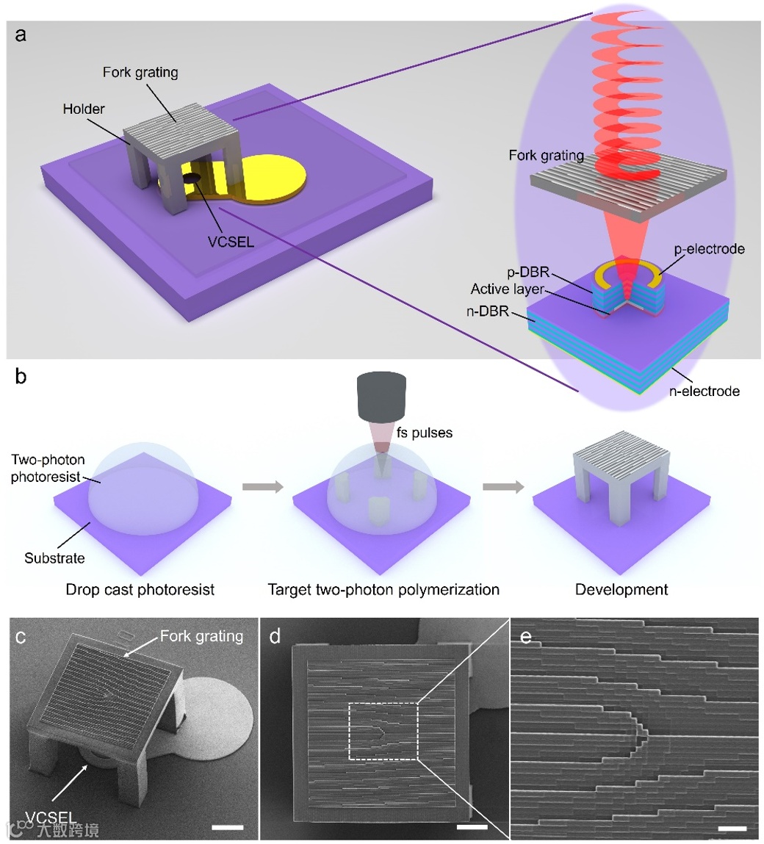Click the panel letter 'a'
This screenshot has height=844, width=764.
[21, 35]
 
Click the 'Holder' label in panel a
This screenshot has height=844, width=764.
[84, 109]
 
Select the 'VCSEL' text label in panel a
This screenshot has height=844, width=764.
[231, 241]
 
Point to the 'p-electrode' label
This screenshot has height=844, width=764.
[709, 249]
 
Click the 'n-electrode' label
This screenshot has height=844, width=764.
[704, 391]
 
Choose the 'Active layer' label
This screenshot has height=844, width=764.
[508, 289]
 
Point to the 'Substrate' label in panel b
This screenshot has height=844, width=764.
[54, 558]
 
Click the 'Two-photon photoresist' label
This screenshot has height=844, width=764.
[48, 468]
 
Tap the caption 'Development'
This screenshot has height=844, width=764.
[621, 590]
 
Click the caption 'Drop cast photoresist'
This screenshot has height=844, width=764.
[140, 590]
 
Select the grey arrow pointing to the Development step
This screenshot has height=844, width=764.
[503, 486]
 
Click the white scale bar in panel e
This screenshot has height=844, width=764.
[732, 829]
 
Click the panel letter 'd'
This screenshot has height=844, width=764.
[275, 636]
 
